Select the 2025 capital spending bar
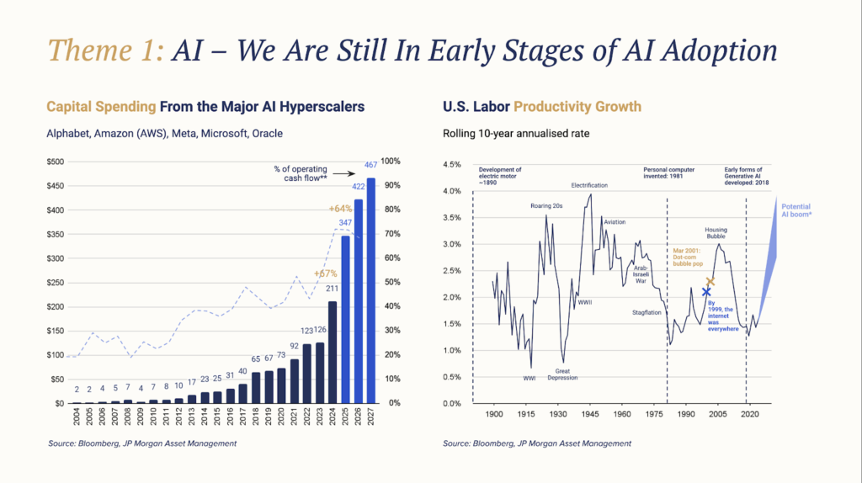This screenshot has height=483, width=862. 345,320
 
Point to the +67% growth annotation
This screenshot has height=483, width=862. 326,273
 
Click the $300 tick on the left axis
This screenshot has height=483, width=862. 55,258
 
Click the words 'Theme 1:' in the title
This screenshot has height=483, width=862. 104,51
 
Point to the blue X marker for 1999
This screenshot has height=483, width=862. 706,292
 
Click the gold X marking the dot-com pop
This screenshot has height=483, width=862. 711,281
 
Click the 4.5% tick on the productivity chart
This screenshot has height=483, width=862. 453,165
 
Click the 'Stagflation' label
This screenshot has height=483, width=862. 647,312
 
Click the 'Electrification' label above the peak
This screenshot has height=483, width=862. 589,185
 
